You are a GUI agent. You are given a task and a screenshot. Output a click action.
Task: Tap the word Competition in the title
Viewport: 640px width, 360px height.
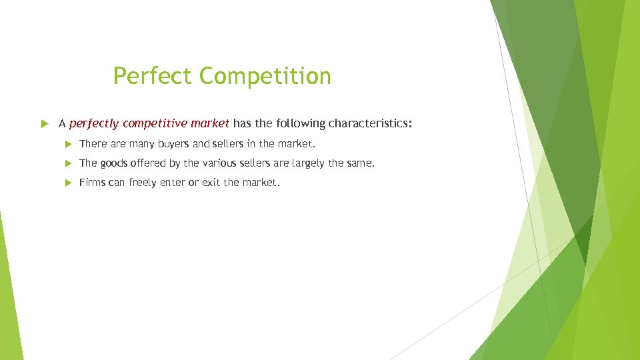(x=265, y=76)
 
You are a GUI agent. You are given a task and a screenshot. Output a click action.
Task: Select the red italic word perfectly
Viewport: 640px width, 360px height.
(x=94, y=123)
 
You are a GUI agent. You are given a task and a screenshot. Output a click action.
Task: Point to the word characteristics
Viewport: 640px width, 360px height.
(x=370, y=123)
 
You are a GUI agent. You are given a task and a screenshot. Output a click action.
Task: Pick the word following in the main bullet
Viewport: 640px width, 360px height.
(x=299, y=123)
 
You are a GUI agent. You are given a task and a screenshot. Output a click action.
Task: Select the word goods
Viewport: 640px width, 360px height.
(x=115, y=163)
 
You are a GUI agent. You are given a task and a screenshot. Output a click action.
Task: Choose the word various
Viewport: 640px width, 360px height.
(x=221, y=163)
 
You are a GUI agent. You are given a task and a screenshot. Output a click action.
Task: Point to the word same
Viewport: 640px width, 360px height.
(x=360, y=163)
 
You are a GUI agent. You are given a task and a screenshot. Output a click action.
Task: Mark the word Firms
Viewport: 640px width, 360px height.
(x=92, y=182)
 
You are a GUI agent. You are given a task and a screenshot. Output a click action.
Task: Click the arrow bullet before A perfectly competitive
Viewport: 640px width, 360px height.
(x=45, y=123)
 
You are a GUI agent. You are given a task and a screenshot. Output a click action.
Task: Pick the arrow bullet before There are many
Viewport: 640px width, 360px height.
(x=67, y=143)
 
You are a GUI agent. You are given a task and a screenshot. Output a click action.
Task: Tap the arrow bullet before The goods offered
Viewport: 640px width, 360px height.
(x=67, y=163)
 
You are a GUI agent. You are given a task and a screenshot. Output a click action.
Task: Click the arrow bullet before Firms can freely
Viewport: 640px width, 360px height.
(x=67, y=182)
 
